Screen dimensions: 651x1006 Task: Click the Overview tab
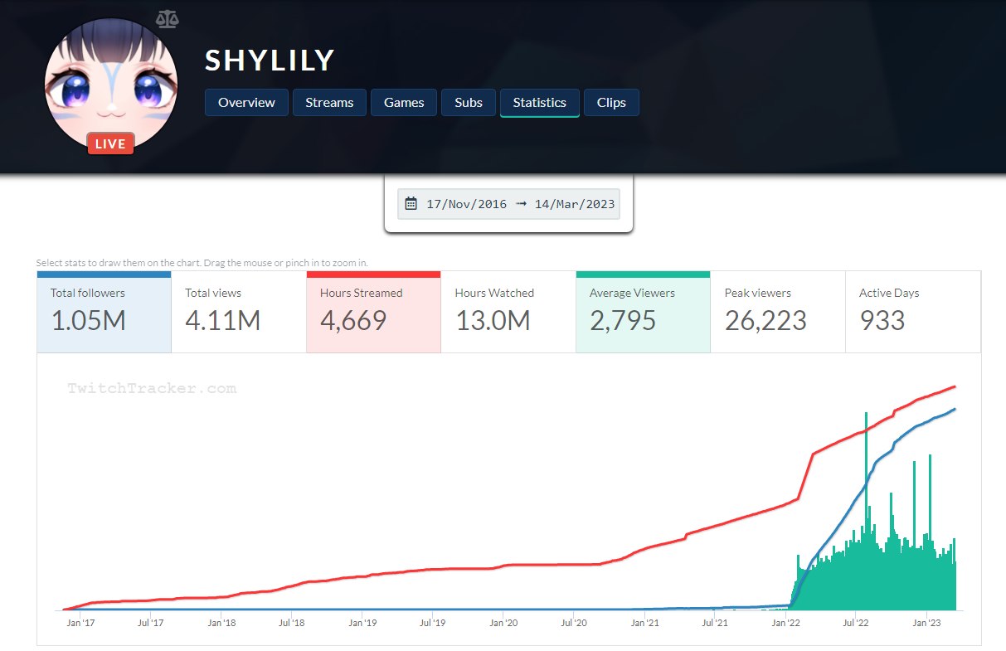coord(246,103)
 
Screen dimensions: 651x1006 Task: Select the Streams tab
coord(329,103)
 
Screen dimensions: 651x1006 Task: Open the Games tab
coord(404,103)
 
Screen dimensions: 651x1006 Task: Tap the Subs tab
coord(469,103)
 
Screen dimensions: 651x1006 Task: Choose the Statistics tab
coord(539,103)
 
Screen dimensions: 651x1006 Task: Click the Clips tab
coord(611,103)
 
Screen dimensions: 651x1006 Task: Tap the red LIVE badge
coord(110,144)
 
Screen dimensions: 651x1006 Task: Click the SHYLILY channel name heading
coord(270,61)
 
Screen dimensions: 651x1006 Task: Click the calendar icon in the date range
coord(411,204)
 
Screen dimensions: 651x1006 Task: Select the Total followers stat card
coord(104,312)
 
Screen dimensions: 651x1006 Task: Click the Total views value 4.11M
coord(222,321)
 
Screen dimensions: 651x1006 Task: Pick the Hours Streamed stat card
coord(373,312)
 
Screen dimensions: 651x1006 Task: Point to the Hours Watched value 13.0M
coord(493,321)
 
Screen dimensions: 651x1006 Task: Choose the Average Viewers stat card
coord(643,312)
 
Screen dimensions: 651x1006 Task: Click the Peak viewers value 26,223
coord(765,321)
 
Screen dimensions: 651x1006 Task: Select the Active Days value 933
coord(882,321)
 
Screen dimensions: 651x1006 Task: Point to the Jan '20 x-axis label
coord(503,621)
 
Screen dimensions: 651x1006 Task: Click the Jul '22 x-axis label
coord(855,621)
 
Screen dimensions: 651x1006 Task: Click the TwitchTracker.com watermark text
coord(152,388)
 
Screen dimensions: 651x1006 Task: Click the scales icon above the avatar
coord(167,18)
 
